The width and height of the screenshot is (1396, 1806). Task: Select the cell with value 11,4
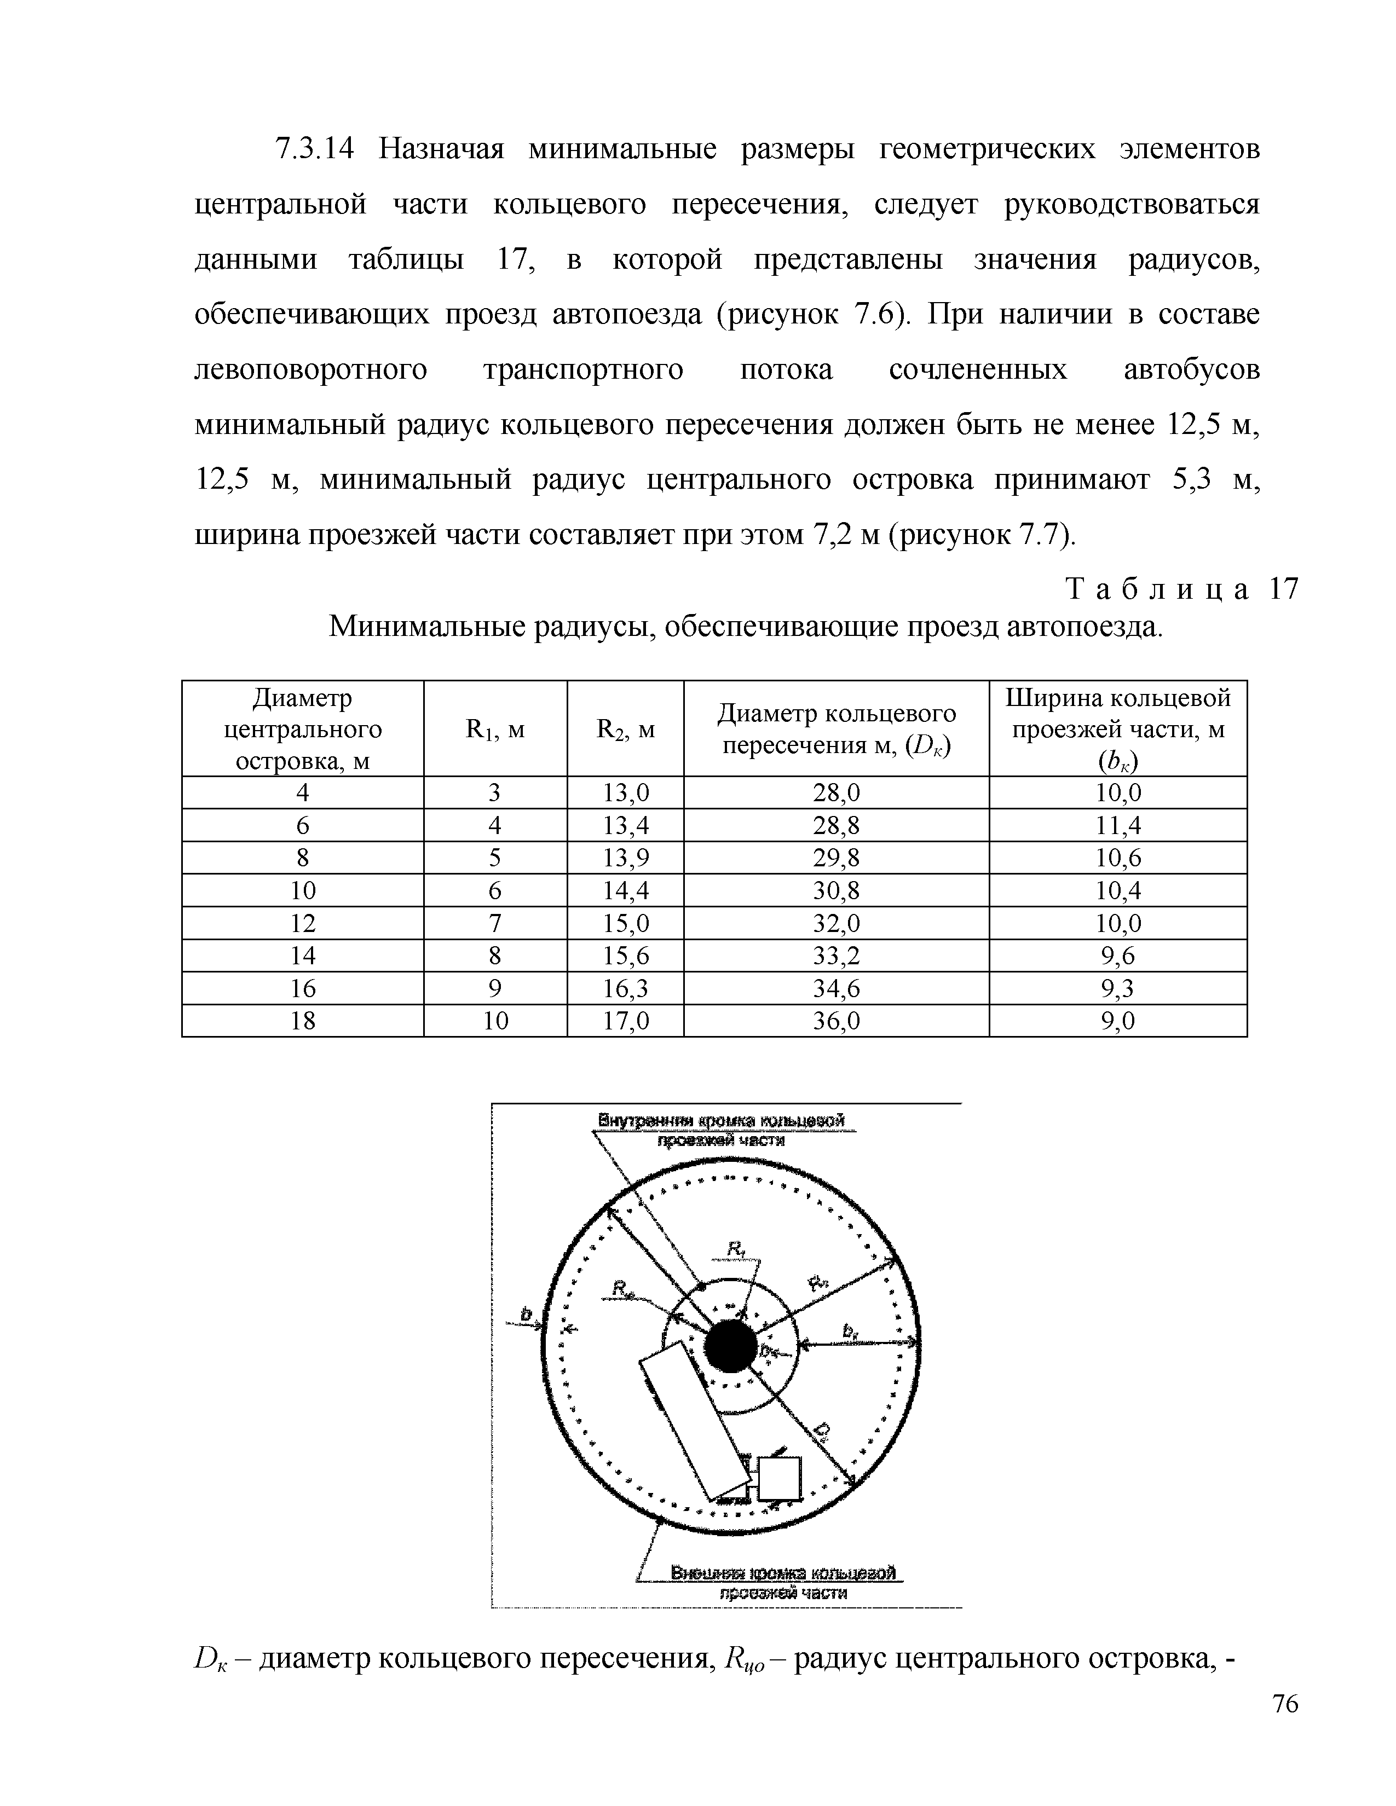tap(1117, 825)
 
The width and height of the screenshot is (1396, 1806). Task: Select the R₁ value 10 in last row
tap(495, 1021)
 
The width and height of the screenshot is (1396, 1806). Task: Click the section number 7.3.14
tap(314, 149)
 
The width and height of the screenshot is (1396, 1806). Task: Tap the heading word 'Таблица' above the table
tap(1158, 589)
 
